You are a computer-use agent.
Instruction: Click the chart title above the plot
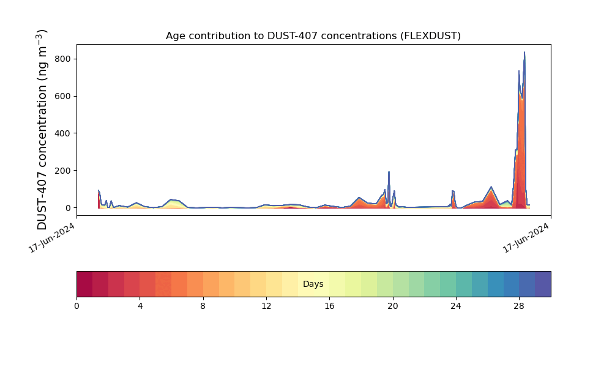(313, 36)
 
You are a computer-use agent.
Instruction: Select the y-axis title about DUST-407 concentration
(42, 130)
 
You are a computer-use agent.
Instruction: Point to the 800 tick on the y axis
(63, 59)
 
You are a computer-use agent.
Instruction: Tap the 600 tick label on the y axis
(63, 96)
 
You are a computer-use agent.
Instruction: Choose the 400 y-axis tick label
(63, 133)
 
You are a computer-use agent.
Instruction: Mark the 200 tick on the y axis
(63, 171)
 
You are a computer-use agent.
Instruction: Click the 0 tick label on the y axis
(69, 208)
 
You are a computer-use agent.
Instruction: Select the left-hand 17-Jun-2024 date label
(52, 238)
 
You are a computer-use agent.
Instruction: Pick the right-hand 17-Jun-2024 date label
(526, 238)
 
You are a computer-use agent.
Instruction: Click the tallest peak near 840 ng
(524, 52)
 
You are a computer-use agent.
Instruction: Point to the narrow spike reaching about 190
(389, 172)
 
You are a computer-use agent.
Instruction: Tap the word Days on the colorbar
(313, 284)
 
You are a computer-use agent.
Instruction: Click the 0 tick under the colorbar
(77, 306)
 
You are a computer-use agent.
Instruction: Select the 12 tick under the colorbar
(266, 306)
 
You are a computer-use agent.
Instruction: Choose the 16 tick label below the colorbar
(329, 306)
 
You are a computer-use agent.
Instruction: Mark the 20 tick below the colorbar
(393, 306)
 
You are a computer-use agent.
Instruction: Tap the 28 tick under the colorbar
(519, 306)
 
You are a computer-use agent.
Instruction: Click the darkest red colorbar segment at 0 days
(84, 284)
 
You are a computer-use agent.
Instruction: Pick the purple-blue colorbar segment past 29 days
(543, 284)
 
